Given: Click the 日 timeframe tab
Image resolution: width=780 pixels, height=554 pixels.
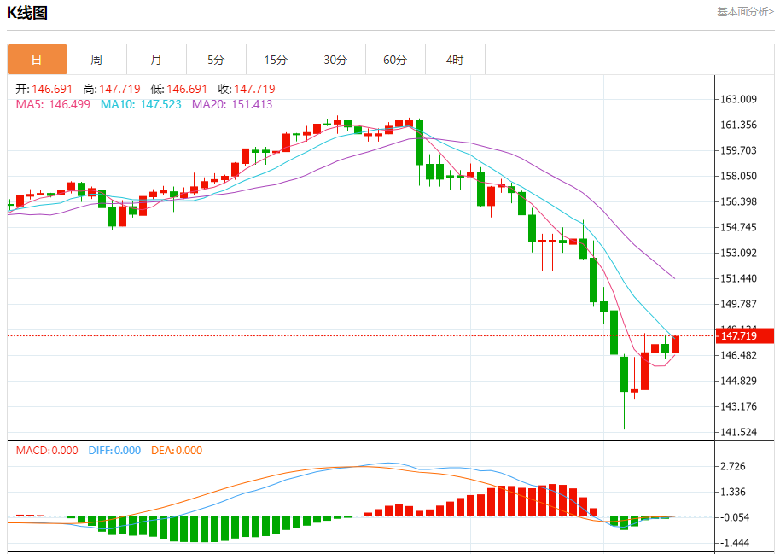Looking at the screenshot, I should (x=37, y=60).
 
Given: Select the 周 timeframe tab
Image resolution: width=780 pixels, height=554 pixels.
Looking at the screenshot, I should (x=96, y=60).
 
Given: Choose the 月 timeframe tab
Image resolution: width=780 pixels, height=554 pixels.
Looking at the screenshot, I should (x=156, y=60).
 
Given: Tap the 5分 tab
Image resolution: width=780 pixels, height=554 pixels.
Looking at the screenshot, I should (x=216, y=60).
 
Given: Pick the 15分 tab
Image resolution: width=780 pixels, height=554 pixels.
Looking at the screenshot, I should (x=276, y=60).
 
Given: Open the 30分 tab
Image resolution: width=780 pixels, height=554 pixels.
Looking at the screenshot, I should (x=335, y=60).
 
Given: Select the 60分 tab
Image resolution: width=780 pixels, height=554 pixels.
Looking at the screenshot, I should (x=395, y=60).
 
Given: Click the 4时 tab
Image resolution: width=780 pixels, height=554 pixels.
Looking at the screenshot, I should (x=455, y=60).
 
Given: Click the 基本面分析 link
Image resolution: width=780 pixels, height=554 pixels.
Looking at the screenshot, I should (x=745, y=12).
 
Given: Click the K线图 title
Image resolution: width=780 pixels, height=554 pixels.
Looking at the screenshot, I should (x=27, y=13).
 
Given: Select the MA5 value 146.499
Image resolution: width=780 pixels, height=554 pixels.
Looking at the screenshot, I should (x=72, y=104).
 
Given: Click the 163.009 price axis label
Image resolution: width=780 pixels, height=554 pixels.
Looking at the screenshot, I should (x=739, y=99).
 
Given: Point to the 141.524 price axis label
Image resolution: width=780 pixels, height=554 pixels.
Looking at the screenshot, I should (x=739, y=432).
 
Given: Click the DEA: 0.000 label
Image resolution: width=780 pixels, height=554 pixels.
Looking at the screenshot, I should (x=177, y=450).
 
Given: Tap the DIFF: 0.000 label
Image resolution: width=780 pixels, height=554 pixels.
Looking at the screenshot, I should (x=114, y=450).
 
